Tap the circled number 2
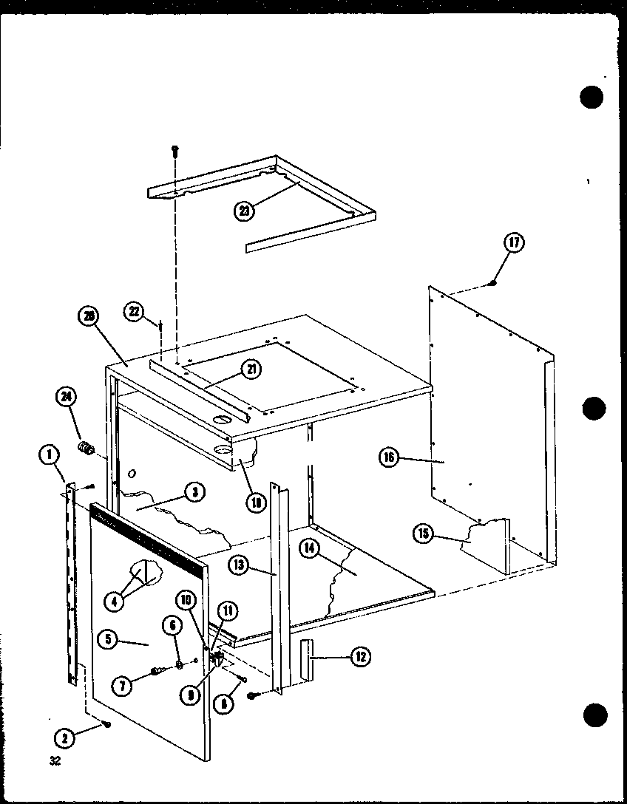click(x=65, y=737)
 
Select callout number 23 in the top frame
click(x=245, y=211)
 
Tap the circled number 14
click(x=310, y=548)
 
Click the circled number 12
click(x=360, y=655)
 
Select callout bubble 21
click(x=254, y=370)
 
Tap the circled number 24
click(x=67, y=398)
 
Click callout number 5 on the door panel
click(x=108, y=640)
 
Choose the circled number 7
click(x=123, y=685)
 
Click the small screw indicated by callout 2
click(x=108, y=725)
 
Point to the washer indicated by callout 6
click(x=180, y=666)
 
